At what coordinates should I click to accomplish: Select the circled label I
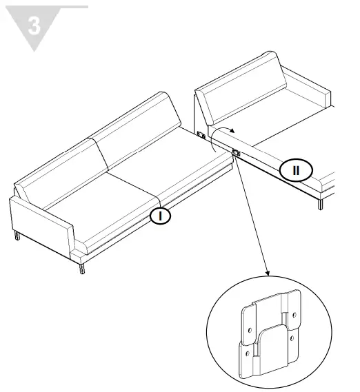pos(161,216)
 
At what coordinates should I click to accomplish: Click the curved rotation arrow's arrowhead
pos(232,130)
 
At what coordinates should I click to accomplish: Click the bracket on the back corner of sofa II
pos(201,135)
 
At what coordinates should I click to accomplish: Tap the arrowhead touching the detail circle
pos(267,274)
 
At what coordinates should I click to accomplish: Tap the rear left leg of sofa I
pos(17,236)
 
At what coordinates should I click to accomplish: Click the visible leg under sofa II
pos(319,204)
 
